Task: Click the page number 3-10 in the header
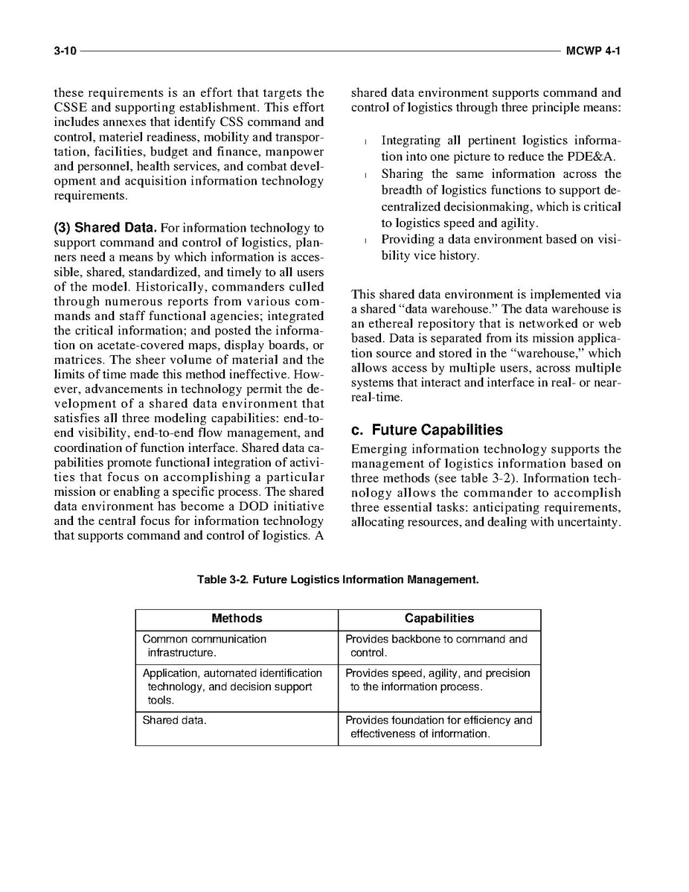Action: click(x=65, y=51)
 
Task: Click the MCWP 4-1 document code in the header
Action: click(x=592, y=51)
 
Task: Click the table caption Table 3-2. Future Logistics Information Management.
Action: click(x=338, y=579)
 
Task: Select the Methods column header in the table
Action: click(x=237, y=619)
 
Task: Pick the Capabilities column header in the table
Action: click(x=439, y=619)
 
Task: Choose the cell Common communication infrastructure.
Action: click(x=204, y=646)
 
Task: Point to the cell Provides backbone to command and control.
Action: click(x=437, y=646)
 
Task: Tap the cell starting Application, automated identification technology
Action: click(x=231, y=686)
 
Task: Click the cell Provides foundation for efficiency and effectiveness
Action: click(x=439, y=727)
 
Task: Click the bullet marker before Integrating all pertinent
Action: click(x=365, y=141)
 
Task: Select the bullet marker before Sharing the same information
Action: click(x=365, y=175)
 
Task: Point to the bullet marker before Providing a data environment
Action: click(x=365, y=240)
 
